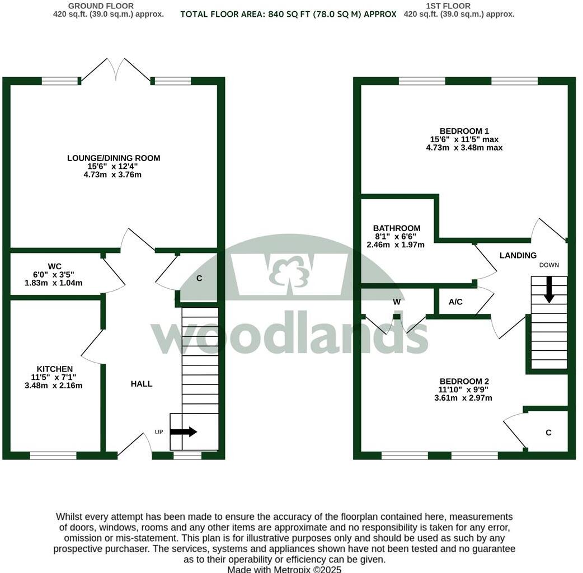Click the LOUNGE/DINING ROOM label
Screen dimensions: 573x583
[x=114, y=158]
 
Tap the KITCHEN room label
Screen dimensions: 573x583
[x=55, y=369]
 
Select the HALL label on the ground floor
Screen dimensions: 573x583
[x=142, y=384]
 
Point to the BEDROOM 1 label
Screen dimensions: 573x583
[x=464, y=131]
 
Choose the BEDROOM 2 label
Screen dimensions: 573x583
[x=463, y=381]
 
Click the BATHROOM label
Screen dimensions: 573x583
[x=397, y=228]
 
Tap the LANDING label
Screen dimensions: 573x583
[x=518, y=256]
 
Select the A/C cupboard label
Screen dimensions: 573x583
[x=455, y=302]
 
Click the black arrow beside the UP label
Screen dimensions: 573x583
[x=184, y=431]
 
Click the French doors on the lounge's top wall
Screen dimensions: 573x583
[x=116, y=71]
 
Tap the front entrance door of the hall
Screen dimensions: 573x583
[x=135, y=446]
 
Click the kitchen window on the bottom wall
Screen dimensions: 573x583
[x=53, y=455]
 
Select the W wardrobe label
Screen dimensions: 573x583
[x=397, y=302]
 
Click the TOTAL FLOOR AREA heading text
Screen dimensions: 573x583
[x=288, y=15]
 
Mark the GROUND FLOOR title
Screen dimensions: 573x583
[x=101, y=6]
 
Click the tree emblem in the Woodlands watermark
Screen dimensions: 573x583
[x=289, y=272]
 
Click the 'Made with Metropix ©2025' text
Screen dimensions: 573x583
[x=284, y=569]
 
